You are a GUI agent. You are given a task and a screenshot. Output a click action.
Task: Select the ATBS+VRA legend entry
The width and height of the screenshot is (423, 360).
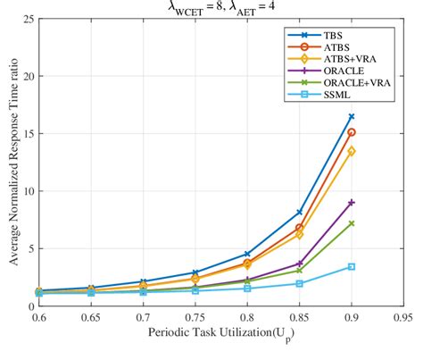(x=335, y=60)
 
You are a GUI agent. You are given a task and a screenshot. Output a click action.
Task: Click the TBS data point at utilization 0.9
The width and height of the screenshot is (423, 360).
(x=352, y=116)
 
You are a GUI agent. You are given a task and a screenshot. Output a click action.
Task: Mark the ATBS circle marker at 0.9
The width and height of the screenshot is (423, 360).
(x=352, y=132)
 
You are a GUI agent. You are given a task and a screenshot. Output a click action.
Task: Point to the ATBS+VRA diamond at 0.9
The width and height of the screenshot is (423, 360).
(x=352, y=151)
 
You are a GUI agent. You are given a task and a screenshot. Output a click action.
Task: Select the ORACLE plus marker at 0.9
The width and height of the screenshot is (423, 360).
(x=352, y=202)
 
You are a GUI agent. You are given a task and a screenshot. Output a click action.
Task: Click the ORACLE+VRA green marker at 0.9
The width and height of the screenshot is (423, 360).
(x=352, y=223)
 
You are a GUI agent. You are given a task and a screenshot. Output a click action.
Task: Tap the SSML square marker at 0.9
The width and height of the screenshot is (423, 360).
(x=352, y=266)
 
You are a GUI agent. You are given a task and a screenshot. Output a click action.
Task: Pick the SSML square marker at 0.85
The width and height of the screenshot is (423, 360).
(x=300, y=283)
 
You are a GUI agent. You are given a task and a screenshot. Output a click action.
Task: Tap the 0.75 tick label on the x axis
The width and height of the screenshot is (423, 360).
(x=195, y=317)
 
